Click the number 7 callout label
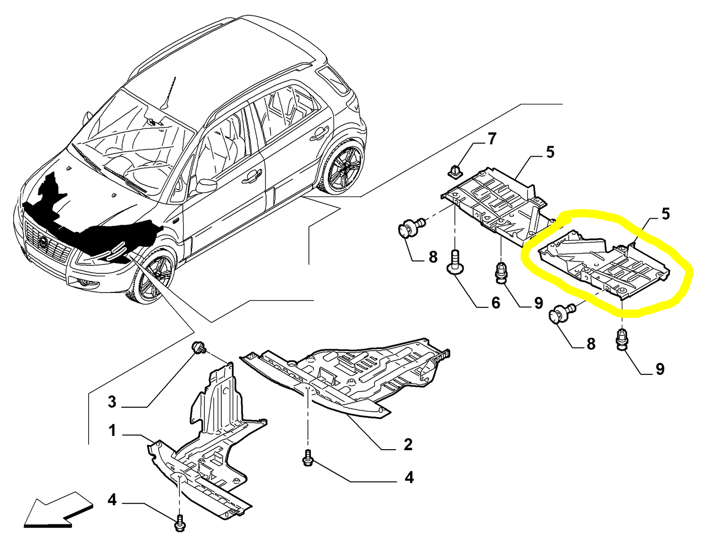tap(492, 139)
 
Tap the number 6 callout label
tap(495, 302)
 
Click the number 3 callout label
tap(112, 401)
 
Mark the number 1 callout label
tap(112, 431)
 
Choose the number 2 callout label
tap(408, 444)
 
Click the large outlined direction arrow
tap(57, 509)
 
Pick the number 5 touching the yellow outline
tap(665, 214)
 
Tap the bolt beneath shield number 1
tap(180, 523)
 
